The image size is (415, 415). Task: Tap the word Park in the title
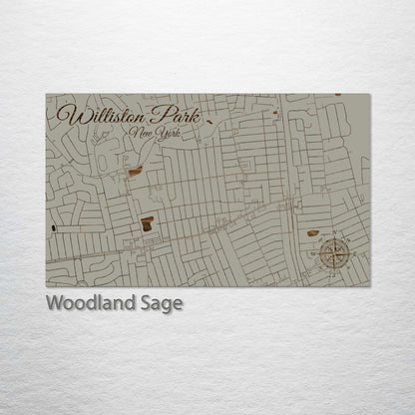174,116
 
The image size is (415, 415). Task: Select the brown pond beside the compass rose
312,232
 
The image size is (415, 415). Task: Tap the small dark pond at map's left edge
51,228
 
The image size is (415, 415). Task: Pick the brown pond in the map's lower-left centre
148,221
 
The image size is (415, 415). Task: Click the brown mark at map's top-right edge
337,96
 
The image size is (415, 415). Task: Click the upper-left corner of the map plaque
46,95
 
